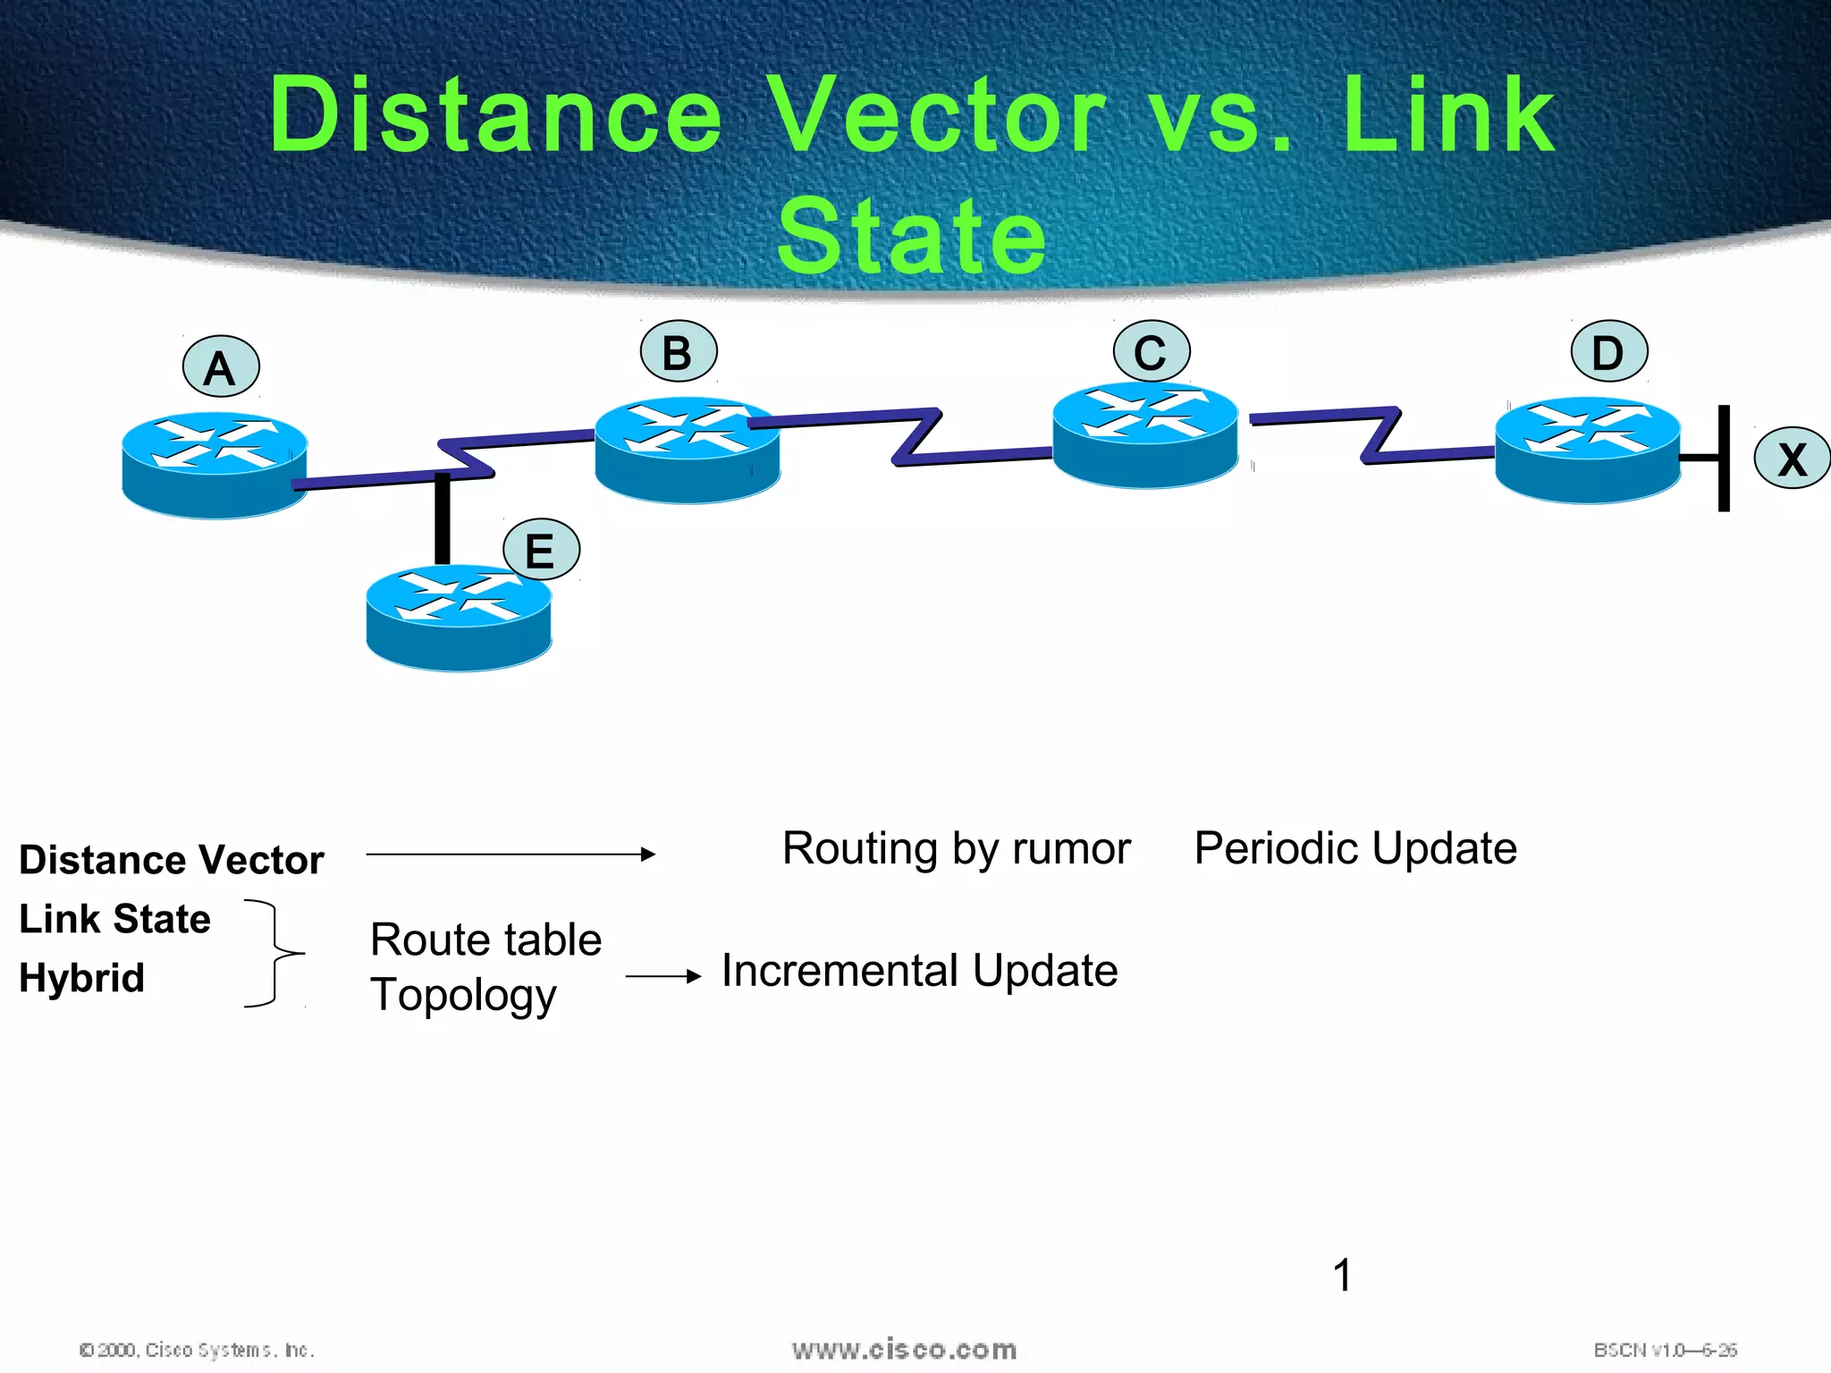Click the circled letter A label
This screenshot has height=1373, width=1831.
click(x=221, y=367)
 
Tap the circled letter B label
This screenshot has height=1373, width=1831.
click(x=679, y=352)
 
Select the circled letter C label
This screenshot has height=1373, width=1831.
click(x=1151, y=352)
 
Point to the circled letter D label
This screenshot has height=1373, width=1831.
click(x=1608, y=352)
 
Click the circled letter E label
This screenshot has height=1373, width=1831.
click(x=541, y=550)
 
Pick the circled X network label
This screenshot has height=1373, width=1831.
click(x=1792, y=459)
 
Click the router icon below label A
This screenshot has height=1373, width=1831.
click(x=215, y=465)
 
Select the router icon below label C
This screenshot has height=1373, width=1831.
click(x=1145, y=435)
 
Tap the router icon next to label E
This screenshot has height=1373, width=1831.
click(x=459, y=618)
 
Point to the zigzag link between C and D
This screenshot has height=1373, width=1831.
click(x=1381, y=435)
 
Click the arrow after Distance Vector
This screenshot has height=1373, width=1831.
click(x=510, y=855)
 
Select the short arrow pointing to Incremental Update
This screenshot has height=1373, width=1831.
click(x=663, y=977)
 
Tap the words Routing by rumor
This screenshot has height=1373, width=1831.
click(x=956, y=848)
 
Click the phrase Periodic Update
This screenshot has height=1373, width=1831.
click(x=1354, y=848)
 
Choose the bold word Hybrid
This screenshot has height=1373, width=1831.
click(x=81, y=978)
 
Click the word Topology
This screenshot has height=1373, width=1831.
click(x=463, y=995)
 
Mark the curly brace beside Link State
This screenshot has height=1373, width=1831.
click(x=274, y=953)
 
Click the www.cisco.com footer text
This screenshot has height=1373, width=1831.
click(x=904, y=1350)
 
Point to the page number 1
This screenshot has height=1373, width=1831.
click(x=1342, y=1275)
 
